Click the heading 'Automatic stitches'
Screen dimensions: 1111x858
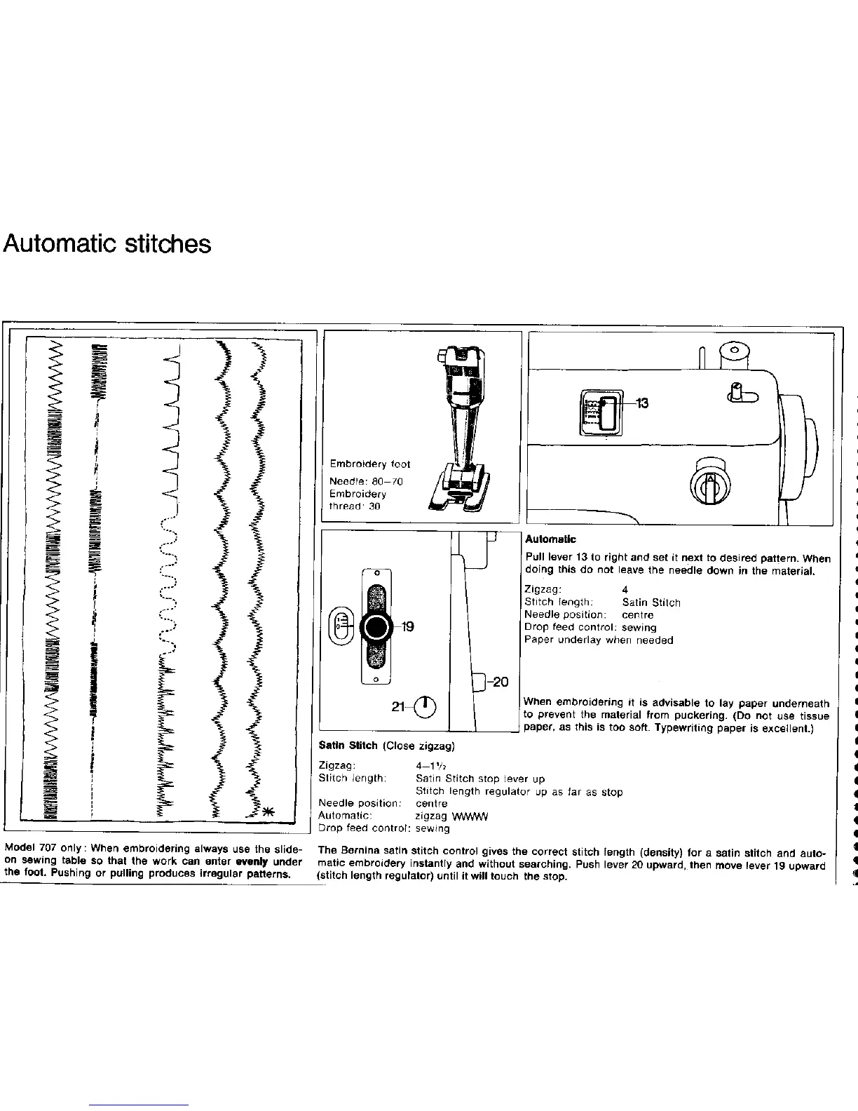tap(107, 244)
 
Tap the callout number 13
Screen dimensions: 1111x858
tap(641, 403)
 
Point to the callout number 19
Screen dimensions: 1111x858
tap(407, 627)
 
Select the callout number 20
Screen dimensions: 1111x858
tap(500, 682)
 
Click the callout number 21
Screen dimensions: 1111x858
tap(398, 707)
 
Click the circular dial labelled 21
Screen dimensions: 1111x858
tap(425, 706)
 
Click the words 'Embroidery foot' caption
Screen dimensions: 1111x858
tap(370, 464)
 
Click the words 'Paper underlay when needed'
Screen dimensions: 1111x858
tap(599, 640)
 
